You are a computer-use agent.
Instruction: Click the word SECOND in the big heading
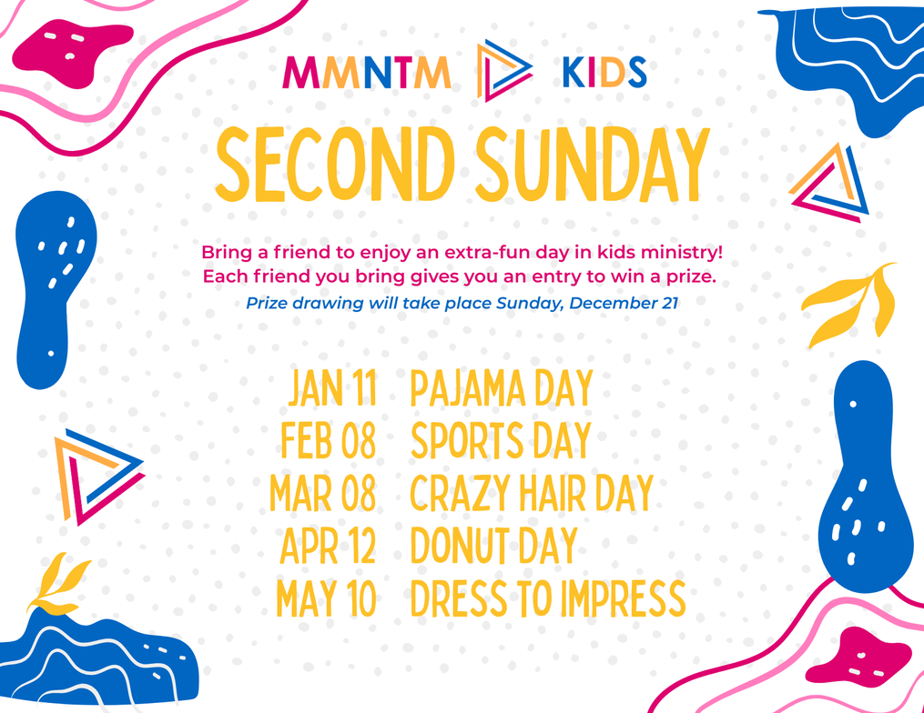335,165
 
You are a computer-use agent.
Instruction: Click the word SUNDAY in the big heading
593,165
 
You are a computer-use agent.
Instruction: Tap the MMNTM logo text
367,73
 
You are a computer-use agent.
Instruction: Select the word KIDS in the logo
604,73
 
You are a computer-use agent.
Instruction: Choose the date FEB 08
329,440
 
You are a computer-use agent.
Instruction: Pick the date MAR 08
323,492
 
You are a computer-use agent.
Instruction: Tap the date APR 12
328,545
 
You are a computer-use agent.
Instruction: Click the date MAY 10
326,598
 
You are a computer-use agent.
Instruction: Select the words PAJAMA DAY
502,388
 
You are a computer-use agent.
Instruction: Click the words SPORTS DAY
501,440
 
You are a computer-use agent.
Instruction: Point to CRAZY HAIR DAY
533,492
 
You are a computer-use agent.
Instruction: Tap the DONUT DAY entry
493,545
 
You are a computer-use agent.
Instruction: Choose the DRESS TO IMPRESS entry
548,598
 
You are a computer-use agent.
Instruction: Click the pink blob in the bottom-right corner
858,656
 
